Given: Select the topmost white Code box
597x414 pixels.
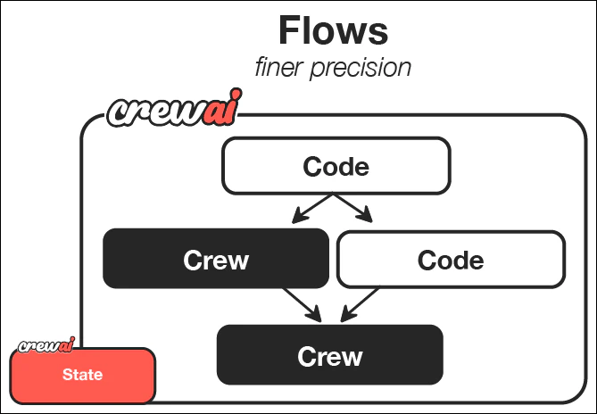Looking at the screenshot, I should tap(336, 166).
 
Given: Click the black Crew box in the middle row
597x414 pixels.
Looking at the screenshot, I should tap(216, 260).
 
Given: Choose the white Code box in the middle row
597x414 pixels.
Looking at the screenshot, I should tap(451, 260).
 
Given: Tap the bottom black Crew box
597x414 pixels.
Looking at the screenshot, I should tap(330, 355).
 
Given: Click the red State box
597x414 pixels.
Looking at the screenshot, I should tap(83, 376).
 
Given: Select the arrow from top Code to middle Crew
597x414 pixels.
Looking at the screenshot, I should tap(305, 210).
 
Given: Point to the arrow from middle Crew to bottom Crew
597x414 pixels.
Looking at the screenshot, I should tap(302, 302).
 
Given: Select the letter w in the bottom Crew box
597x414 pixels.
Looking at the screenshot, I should tap(351, 357).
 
